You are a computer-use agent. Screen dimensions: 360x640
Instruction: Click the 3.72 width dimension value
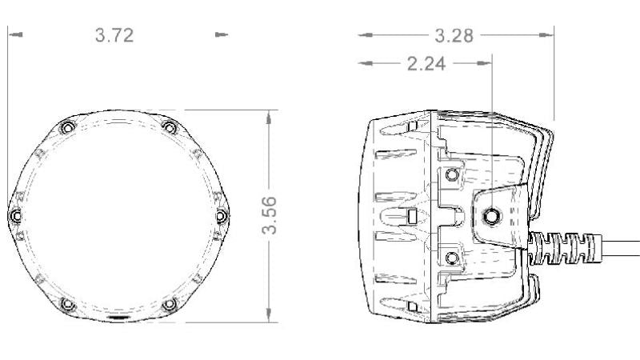coord(114,35)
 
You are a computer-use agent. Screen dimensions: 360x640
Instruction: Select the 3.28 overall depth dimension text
coord(454,35)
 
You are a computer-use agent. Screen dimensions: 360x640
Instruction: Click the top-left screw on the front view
coord(66,128)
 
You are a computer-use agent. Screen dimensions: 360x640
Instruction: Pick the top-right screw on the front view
coord(168,127)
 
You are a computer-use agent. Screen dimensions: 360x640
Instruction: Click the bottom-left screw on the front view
coord(66,304)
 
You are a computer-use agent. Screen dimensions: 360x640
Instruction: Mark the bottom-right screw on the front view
coord(168,304)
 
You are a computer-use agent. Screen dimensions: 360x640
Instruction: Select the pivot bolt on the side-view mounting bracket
coord(491,214)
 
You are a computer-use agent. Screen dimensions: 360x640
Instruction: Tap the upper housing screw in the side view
coord(453,174)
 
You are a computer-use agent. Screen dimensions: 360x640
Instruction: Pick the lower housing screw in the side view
coord(453,256)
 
